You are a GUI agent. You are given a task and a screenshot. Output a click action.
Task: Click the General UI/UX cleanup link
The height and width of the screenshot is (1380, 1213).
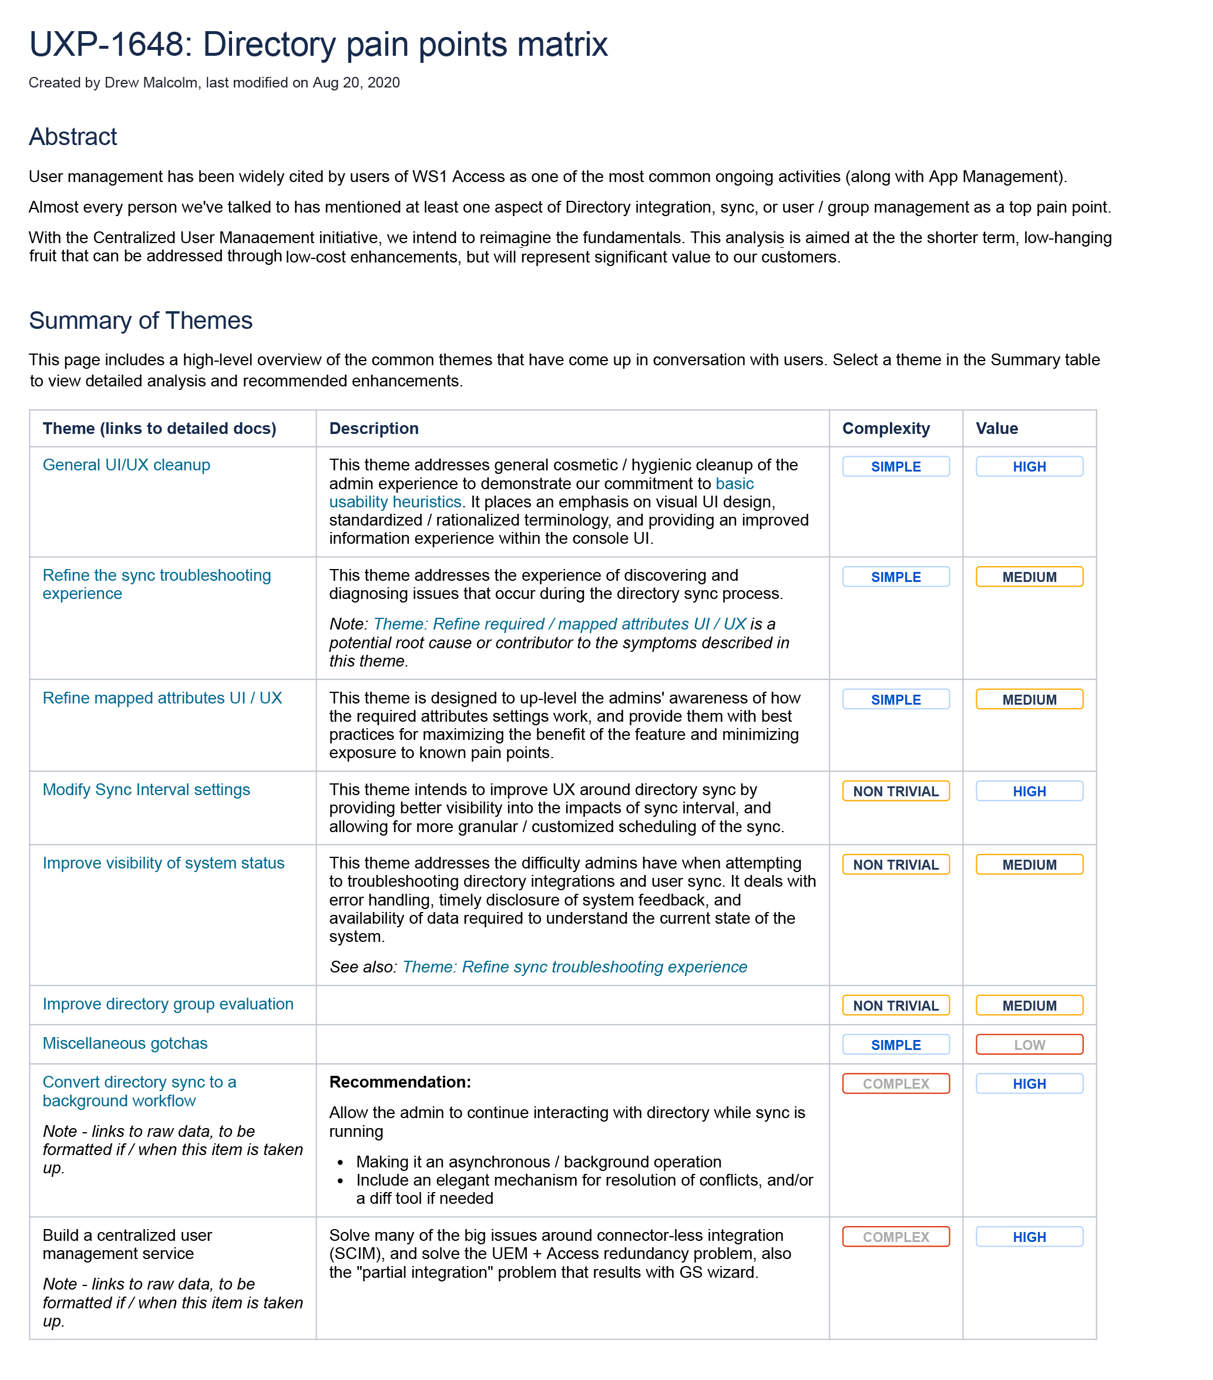126,465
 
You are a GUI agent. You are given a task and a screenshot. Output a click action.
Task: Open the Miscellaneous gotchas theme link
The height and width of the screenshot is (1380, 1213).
125,1043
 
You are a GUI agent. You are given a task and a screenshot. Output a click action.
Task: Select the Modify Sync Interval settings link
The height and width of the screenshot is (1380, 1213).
146,789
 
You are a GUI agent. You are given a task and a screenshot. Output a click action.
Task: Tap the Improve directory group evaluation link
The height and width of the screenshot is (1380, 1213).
167,1004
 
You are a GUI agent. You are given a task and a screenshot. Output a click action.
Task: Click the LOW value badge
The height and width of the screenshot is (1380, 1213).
1029,1045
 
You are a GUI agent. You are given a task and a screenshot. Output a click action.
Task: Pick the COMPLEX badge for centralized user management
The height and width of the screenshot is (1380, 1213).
896,1237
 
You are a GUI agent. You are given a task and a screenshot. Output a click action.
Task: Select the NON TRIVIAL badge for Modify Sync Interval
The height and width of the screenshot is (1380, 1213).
896,791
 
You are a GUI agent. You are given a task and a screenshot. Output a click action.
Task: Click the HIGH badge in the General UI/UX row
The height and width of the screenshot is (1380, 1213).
1029,466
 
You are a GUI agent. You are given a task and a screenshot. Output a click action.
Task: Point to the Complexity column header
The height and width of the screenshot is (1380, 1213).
885,429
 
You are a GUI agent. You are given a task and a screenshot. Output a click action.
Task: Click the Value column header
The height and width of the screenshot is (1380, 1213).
996,429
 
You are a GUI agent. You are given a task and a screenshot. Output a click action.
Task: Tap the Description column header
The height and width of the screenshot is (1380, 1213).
374,429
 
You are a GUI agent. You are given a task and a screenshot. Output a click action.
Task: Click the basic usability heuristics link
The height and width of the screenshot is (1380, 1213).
395,501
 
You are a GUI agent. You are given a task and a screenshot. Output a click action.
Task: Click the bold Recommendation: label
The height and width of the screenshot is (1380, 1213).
400,1082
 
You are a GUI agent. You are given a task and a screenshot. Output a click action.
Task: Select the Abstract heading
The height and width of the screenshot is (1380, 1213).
73,137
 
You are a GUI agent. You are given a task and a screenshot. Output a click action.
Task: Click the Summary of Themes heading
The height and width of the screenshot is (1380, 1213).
140,321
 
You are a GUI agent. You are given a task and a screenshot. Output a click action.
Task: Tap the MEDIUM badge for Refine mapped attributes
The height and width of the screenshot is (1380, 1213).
1029,699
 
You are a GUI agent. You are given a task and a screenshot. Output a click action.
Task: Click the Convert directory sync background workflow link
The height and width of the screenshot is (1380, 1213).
139,1091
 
